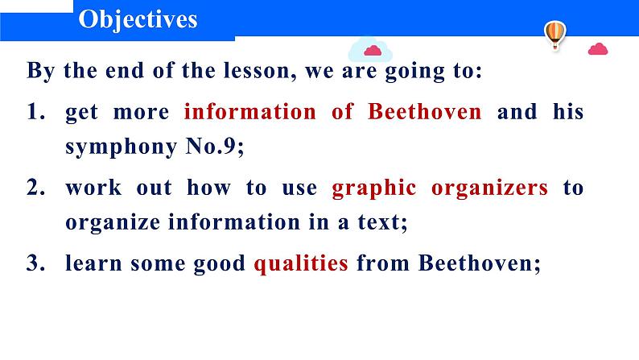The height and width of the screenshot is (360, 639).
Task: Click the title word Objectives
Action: click(x=138, y=20)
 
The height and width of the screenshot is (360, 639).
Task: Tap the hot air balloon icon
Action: click(x=555, y=35)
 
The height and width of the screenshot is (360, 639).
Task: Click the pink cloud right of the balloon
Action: click(x=598, y=49)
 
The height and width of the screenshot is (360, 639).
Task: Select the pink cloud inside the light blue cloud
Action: click(x=373, y=51)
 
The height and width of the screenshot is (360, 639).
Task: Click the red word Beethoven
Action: click(x=425, y=111)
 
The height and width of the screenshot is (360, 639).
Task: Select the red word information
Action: click(x=249, y=111)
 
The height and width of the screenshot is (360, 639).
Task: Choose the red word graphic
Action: click(x=374, y=188)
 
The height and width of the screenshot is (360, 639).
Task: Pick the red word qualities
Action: click(x=301, y=264)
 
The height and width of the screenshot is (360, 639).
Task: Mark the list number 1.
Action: click(x=35, y=111)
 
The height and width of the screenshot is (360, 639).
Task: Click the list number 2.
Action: click(x=35, y=187)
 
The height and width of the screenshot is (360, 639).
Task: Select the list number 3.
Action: click(x=35, y=263)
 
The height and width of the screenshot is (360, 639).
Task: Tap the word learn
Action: click(x=93, y=263)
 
